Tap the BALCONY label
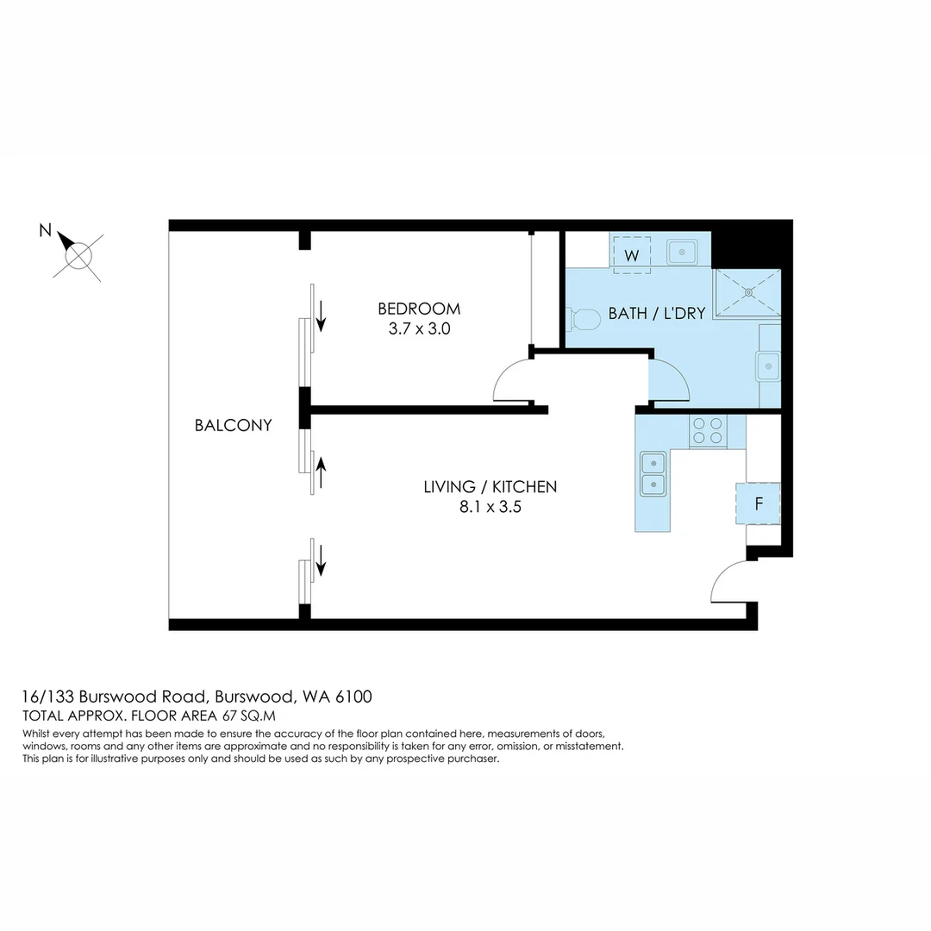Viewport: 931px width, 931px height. (233, 425)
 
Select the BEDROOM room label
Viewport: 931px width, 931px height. (419, 309)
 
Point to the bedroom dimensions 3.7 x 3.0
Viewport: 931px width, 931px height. (419, 328)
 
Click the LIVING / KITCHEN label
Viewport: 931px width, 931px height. (490, 487)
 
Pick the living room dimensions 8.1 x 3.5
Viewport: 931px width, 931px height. (490, 507)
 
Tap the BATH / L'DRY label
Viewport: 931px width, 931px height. (657, 314)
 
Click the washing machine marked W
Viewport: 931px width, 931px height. (632, 255)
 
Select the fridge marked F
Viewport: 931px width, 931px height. (758, 504)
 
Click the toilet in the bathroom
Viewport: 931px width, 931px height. (584, 320)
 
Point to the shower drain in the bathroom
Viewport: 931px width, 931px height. (749, 292)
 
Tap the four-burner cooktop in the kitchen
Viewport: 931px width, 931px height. (707, 430)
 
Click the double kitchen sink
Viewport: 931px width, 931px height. (653, 474)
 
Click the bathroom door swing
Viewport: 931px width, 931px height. (670, 379)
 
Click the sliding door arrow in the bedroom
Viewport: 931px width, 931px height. (322, 316)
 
